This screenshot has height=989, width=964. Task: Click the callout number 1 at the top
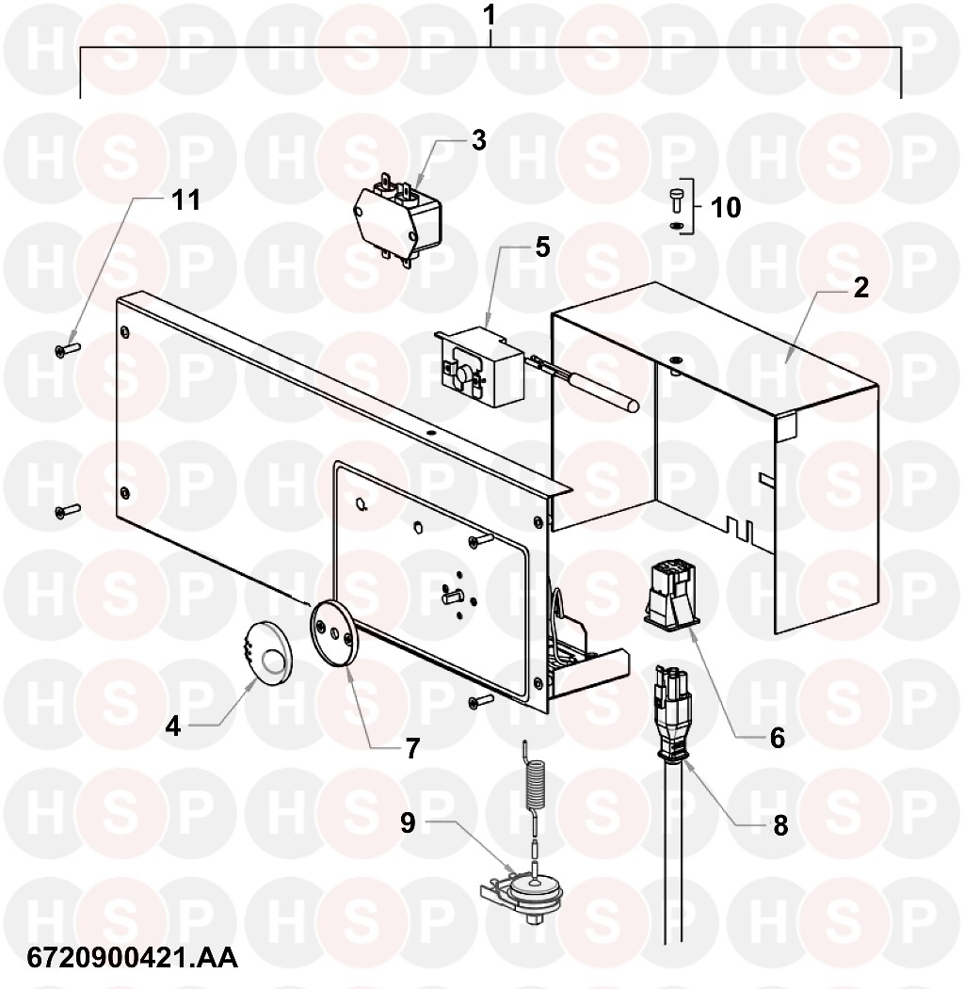tap(490, 16)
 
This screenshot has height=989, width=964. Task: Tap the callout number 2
tap(860, 288)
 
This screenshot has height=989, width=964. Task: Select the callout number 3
tap(479, 140)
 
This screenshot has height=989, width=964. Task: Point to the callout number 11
tap(186, 199)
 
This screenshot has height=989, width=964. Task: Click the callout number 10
tap(726, 208)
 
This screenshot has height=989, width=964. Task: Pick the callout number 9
tap(409, 822)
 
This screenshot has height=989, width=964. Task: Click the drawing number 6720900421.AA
tap(133, 958)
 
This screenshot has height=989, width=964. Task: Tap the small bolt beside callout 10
tap(674, 203)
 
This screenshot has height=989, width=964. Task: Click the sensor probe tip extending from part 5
tap(630, 404)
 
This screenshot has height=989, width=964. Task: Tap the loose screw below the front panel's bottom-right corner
tap(481, 700)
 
